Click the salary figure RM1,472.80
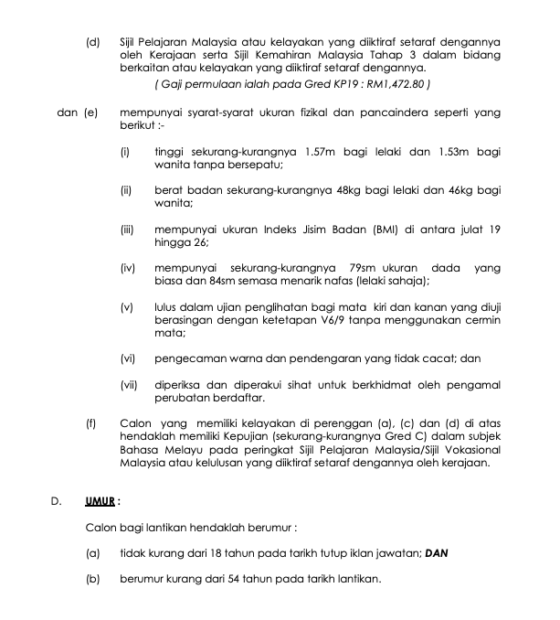[396, 84]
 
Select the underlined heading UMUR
[101, 501]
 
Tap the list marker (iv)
[128, 268]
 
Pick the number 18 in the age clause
[230, 554]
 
